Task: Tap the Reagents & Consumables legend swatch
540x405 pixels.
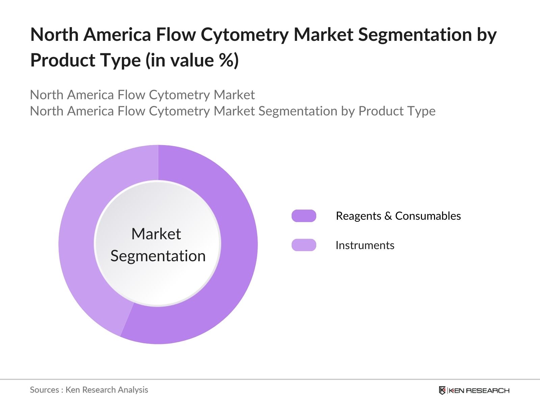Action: pyautogui.click(x=304, y=216)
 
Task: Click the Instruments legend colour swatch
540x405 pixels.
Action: pyautogui.click(x=304, y=245)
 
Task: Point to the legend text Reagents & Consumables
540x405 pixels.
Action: pyautogui.click(x=398, y=216)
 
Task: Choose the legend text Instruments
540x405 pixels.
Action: pyautogui.click(x=365, y=245)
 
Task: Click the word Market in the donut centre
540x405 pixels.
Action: pyautogui.click(x=156, y=234)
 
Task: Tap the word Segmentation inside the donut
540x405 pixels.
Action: pyautogui.click(x=158, y=256)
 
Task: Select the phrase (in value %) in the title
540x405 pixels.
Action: pyautogui.click(x=192, y=60)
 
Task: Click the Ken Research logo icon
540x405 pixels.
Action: pyautogui.click(x=442, y=390)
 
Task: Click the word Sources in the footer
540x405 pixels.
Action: pyautogui.click(x=44, y=390)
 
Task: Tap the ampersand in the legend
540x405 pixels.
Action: pyautogui.click(x=388, y=216)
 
